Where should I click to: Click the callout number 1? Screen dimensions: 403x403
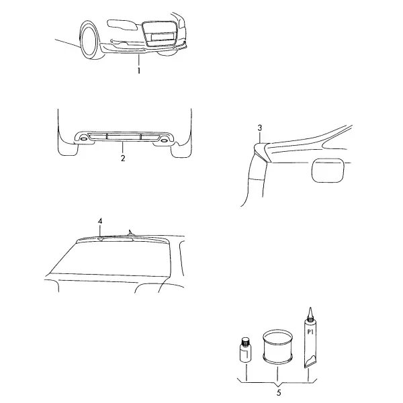click(139, 71)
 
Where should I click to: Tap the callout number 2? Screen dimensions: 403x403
click(123, 159)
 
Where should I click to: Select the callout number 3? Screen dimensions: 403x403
click(260, 128)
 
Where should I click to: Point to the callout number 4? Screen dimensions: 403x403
click(100, 221)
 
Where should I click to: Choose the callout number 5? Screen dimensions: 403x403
click(279, 392)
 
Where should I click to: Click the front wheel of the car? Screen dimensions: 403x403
click(89, 40)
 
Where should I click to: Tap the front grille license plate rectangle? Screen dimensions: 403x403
click(162, 37)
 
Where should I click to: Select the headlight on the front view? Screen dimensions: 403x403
click(122, 26)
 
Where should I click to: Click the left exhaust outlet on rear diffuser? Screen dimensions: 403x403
click(83, 139)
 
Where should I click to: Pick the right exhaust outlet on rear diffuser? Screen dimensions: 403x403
click(164, 140)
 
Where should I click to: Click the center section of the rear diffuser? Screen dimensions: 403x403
click(124, 137)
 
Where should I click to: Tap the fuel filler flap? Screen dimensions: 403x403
click(328, 171)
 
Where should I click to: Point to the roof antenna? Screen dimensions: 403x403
click(131, 232)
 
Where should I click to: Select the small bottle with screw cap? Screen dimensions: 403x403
click(245, 350)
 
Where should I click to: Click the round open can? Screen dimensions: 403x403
click(277, 347)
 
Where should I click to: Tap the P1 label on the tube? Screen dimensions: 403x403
click(310, 332)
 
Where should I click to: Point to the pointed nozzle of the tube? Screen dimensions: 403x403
click(311, 312)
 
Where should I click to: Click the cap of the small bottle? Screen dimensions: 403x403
click(245, 341)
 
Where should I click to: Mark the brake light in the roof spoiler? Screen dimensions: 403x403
click(116, 240)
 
